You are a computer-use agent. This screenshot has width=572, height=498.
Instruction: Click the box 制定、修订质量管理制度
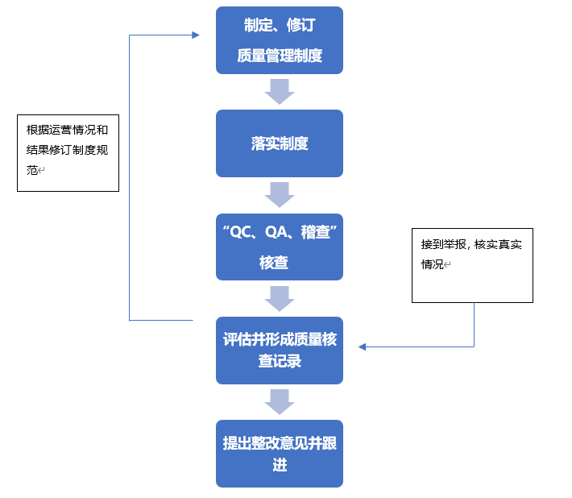(x=280, y=40)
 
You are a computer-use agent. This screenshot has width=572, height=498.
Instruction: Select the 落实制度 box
(x=280, y=143)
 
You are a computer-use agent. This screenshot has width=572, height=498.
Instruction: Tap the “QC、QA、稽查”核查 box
(x=280, y=247)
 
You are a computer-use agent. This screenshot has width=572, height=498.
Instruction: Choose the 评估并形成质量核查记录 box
(x=280, y=351)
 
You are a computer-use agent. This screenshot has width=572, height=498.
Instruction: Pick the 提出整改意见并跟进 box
(x=280, y=454)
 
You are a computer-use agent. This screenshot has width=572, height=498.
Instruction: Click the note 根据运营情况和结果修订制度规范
(x=68, y=151)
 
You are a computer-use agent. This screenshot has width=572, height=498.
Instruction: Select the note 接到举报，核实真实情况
(x=472, y=265)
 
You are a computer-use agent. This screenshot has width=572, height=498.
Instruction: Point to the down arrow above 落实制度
(x=280, y=91)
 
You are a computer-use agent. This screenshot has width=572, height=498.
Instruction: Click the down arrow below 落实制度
(x=280, y=194)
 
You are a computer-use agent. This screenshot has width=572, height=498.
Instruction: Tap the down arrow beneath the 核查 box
(x=280, y=298)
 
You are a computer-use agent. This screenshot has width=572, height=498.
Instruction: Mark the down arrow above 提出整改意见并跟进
(x=280, y=401)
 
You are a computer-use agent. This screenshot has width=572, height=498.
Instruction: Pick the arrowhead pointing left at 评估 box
(x=363, y=347)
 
